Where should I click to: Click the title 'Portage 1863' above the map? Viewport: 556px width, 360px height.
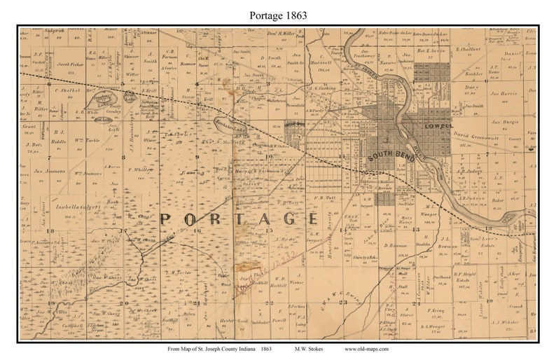(277, 15)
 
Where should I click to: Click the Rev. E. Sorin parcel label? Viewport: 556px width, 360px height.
(431, 51)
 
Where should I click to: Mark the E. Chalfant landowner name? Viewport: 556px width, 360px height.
(467, 50)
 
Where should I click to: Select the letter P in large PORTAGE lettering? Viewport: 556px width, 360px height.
(167, 219)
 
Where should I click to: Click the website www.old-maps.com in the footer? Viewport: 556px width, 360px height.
(368, 348)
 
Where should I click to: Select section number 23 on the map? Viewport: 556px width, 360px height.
(343, 303)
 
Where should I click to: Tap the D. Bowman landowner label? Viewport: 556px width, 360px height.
(396, 246)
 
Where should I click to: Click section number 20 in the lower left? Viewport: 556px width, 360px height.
(125, 303)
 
